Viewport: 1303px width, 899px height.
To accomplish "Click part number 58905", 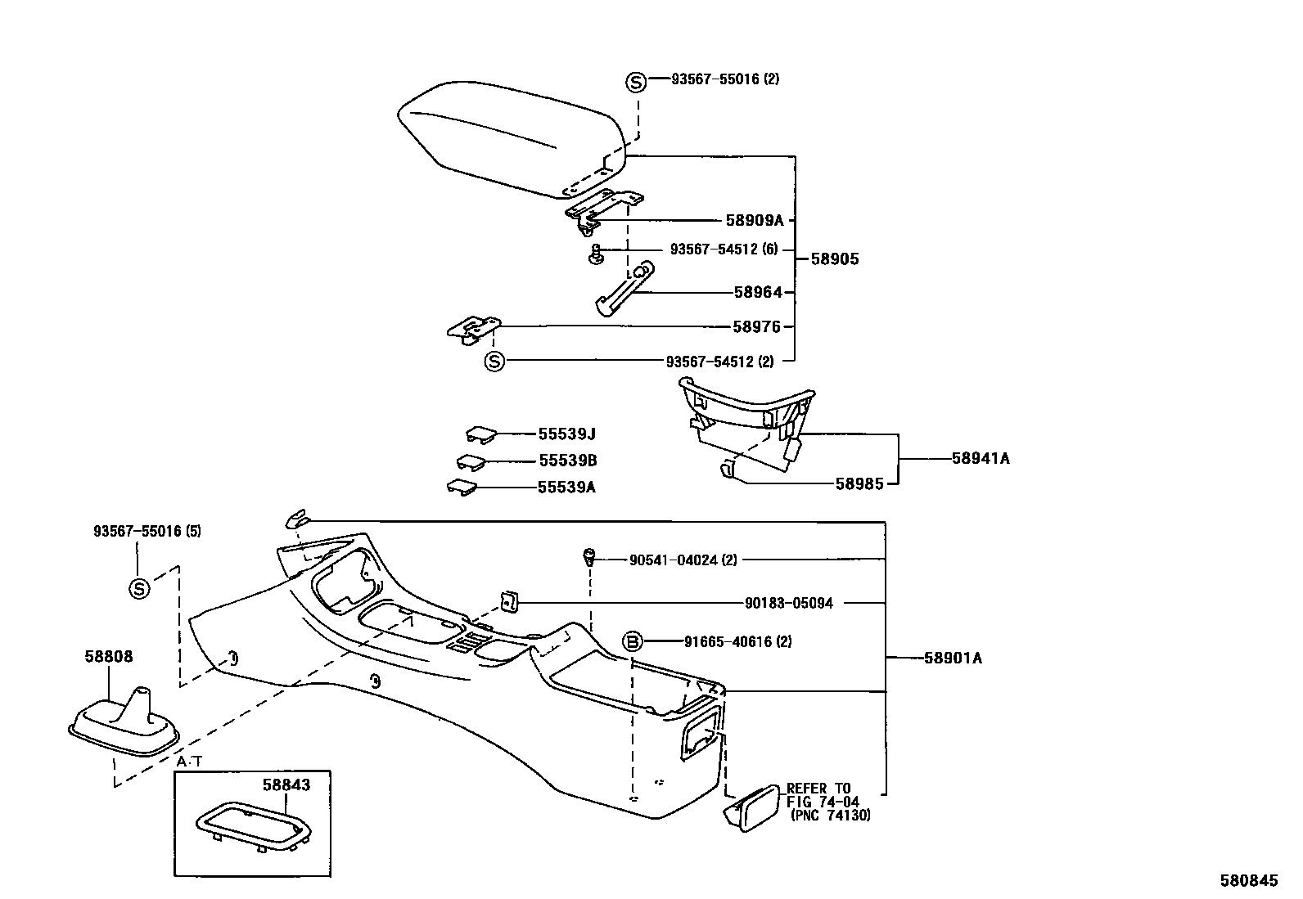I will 834,259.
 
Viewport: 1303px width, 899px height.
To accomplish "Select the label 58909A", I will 754,220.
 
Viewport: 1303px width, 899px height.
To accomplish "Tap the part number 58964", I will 757,292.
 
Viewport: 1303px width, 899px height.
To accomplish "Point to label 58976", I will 756,326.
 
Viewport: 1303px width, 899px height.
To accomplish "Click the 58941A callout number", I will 980,459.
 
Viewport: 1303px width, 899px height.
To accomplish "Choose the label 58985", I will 859,483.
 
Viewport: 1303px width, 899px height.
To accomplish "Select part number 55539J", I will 566,434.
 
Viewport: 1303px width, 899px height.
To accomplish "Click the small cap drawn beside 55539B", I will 471,462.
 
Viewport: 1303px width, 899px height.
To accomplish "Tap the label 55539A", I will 566,488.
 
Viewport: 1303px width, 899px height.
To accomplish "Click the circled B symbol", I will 633,642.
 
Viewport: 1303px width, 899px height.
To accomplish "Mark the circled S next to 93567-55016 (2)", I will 636,81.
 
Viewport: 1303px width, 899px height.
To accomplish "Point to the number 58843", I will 286,784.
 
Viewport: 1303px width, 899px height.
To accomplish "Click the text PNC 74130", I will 830,816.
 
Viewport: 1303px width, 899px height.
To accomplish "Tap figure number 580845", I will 1248,880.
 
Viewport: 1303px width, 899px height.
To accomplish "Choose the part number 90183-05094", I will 788,603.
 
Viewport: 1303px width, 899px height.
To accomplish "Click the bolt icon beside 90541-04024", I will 587,558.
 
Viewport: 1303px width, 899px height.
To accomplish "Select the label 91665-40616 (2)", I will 737,642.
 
